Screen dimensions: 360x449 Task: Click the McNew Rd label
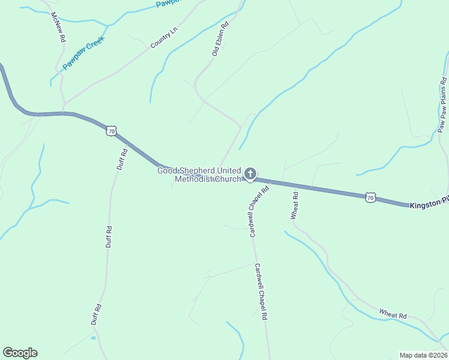[58, 27]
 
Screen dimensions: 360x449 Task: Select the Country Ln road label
[164, 37]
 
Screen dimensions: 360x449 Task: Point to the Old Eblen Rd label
[221, 40]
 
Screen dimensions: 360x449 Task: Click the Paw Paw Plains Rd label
[442, 105]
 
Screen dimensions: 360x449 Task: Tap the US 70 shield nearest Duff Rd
[110, 130]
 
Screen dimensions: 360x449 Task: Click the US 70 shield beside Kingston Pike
[371, 196]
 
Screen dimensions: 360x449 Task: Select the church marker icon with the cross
[250, 175]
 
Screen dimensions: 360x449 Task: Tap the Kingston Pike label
[429, 205]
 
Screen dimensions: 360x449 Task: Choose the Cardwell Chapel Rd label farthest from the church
[260, 292]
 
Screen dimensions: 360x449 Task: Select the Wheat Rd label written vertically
[295, 206]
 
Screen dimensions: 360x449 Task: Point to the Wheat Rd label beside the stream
[393, 314]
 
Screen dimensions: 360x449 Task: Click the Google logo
[20, 353]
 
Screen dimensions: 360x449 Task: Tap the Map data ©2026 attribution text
[423, 355]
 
